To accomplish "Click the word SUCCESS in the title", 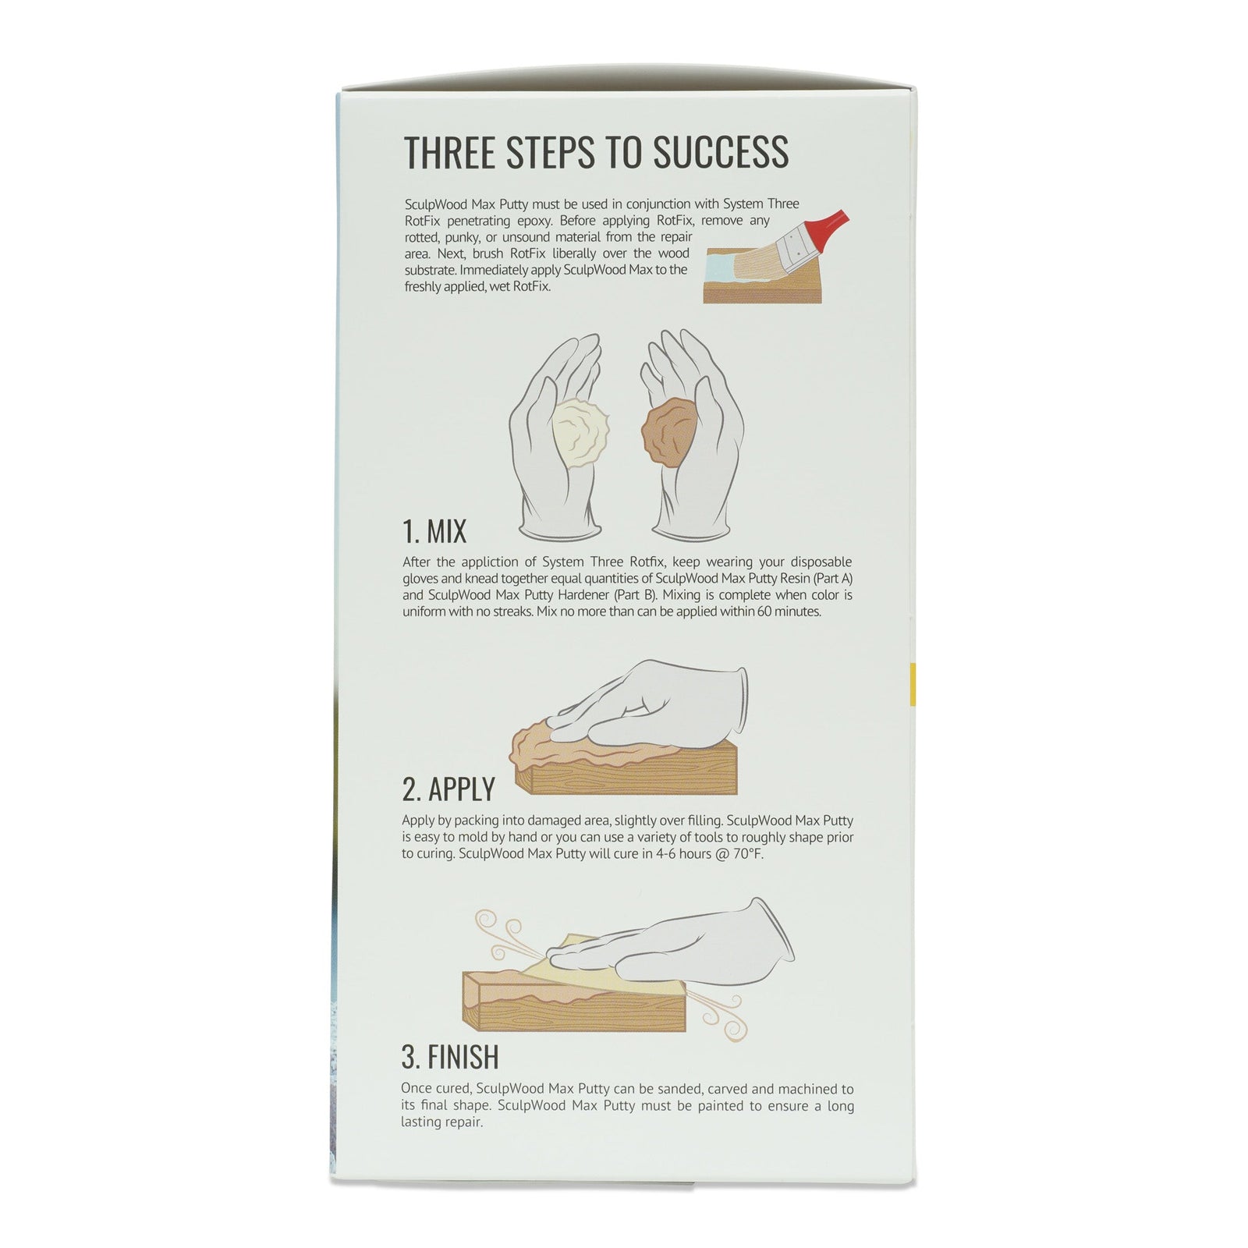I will click(x=720, y=152).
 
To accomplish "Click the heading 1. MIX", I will click(x=434, y=531).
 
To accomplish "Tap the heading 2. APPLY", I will click(x=448, y=789).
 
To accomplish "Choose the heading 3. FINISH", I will click(x=450, y=1056).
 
